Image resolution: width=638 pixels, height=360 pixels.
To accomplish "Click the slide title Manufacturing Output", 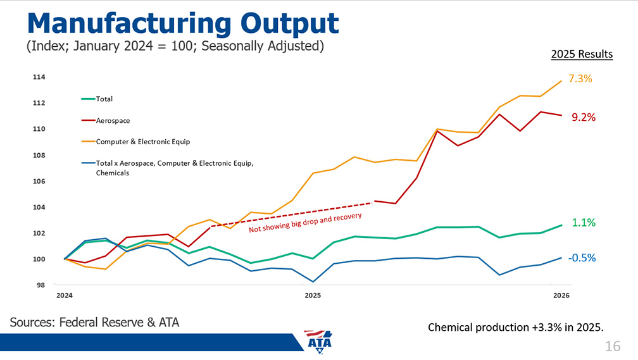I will [183, 23].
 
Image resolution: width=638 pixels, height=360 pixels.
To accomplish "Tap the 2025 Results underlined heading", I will [582, 54].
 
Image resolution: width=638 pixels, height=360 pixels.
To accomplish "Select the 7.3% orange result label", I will [580, 79].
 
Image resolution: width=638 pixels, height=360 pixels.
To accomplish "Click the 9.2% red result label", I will [583, 118].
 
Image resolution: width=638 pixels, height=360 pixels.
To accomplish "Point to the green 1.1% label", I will [583, 223].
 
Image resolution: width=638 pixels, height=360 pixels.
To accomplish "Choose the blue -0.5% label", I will [582, 258].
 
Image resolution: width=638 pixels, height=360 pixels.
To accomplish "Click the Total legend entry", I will [104, 99].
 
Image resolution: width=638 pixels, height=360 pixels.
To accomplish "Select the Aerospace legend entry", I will [113, 120].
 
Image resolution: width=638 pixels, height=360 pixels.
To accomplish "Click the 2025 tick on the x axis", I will [313, 295].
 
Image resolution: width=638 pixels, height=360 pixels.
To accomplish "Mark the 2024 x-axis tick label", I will [64, 295].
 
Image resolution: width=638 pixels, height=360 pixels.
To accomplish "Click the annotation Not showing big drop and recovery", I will [304, 222].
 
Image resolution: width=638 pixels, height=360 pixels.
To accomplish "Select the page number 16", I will [612, 346].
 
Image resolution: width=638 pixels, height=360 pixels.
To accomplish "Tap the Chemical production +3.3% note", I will [516, 327].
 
